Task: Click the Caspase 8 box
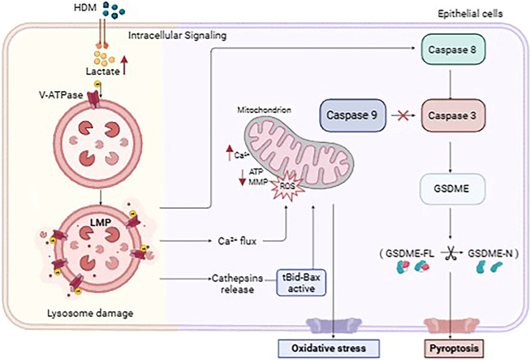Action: pos(453,49)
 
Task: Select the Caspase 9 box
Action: pos(352,115)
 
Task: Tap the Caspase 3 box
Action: pos(453,115)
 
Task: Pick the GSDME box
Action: pos(451,189)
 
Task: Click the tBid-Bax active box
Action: pos(301,282)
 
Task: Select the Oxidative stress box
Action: pos(329,348)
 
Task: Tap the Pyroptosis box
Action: pos(454,348)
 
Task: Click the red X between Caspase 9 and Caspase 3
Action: pos(402,116)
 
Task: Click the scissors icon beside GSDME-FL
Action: pos(451,254)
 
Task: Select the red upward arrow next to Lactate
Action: pos(124,66)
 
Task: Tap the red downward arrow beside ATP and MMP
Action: pos(242,177)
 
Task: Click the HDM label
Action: pos(85,7)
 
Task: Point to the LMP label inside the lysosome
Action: pos(101,223)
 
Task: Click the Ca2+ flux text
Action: pos(237,241)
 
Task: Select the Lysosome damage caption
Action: pos(90,313)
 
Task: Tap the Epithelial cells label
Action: pos(470,14)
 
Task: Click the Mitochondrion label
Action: pos(264,110)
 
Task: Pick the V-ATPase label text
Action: pos(61,95)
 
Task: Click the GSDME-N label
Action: pos(490,254)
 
